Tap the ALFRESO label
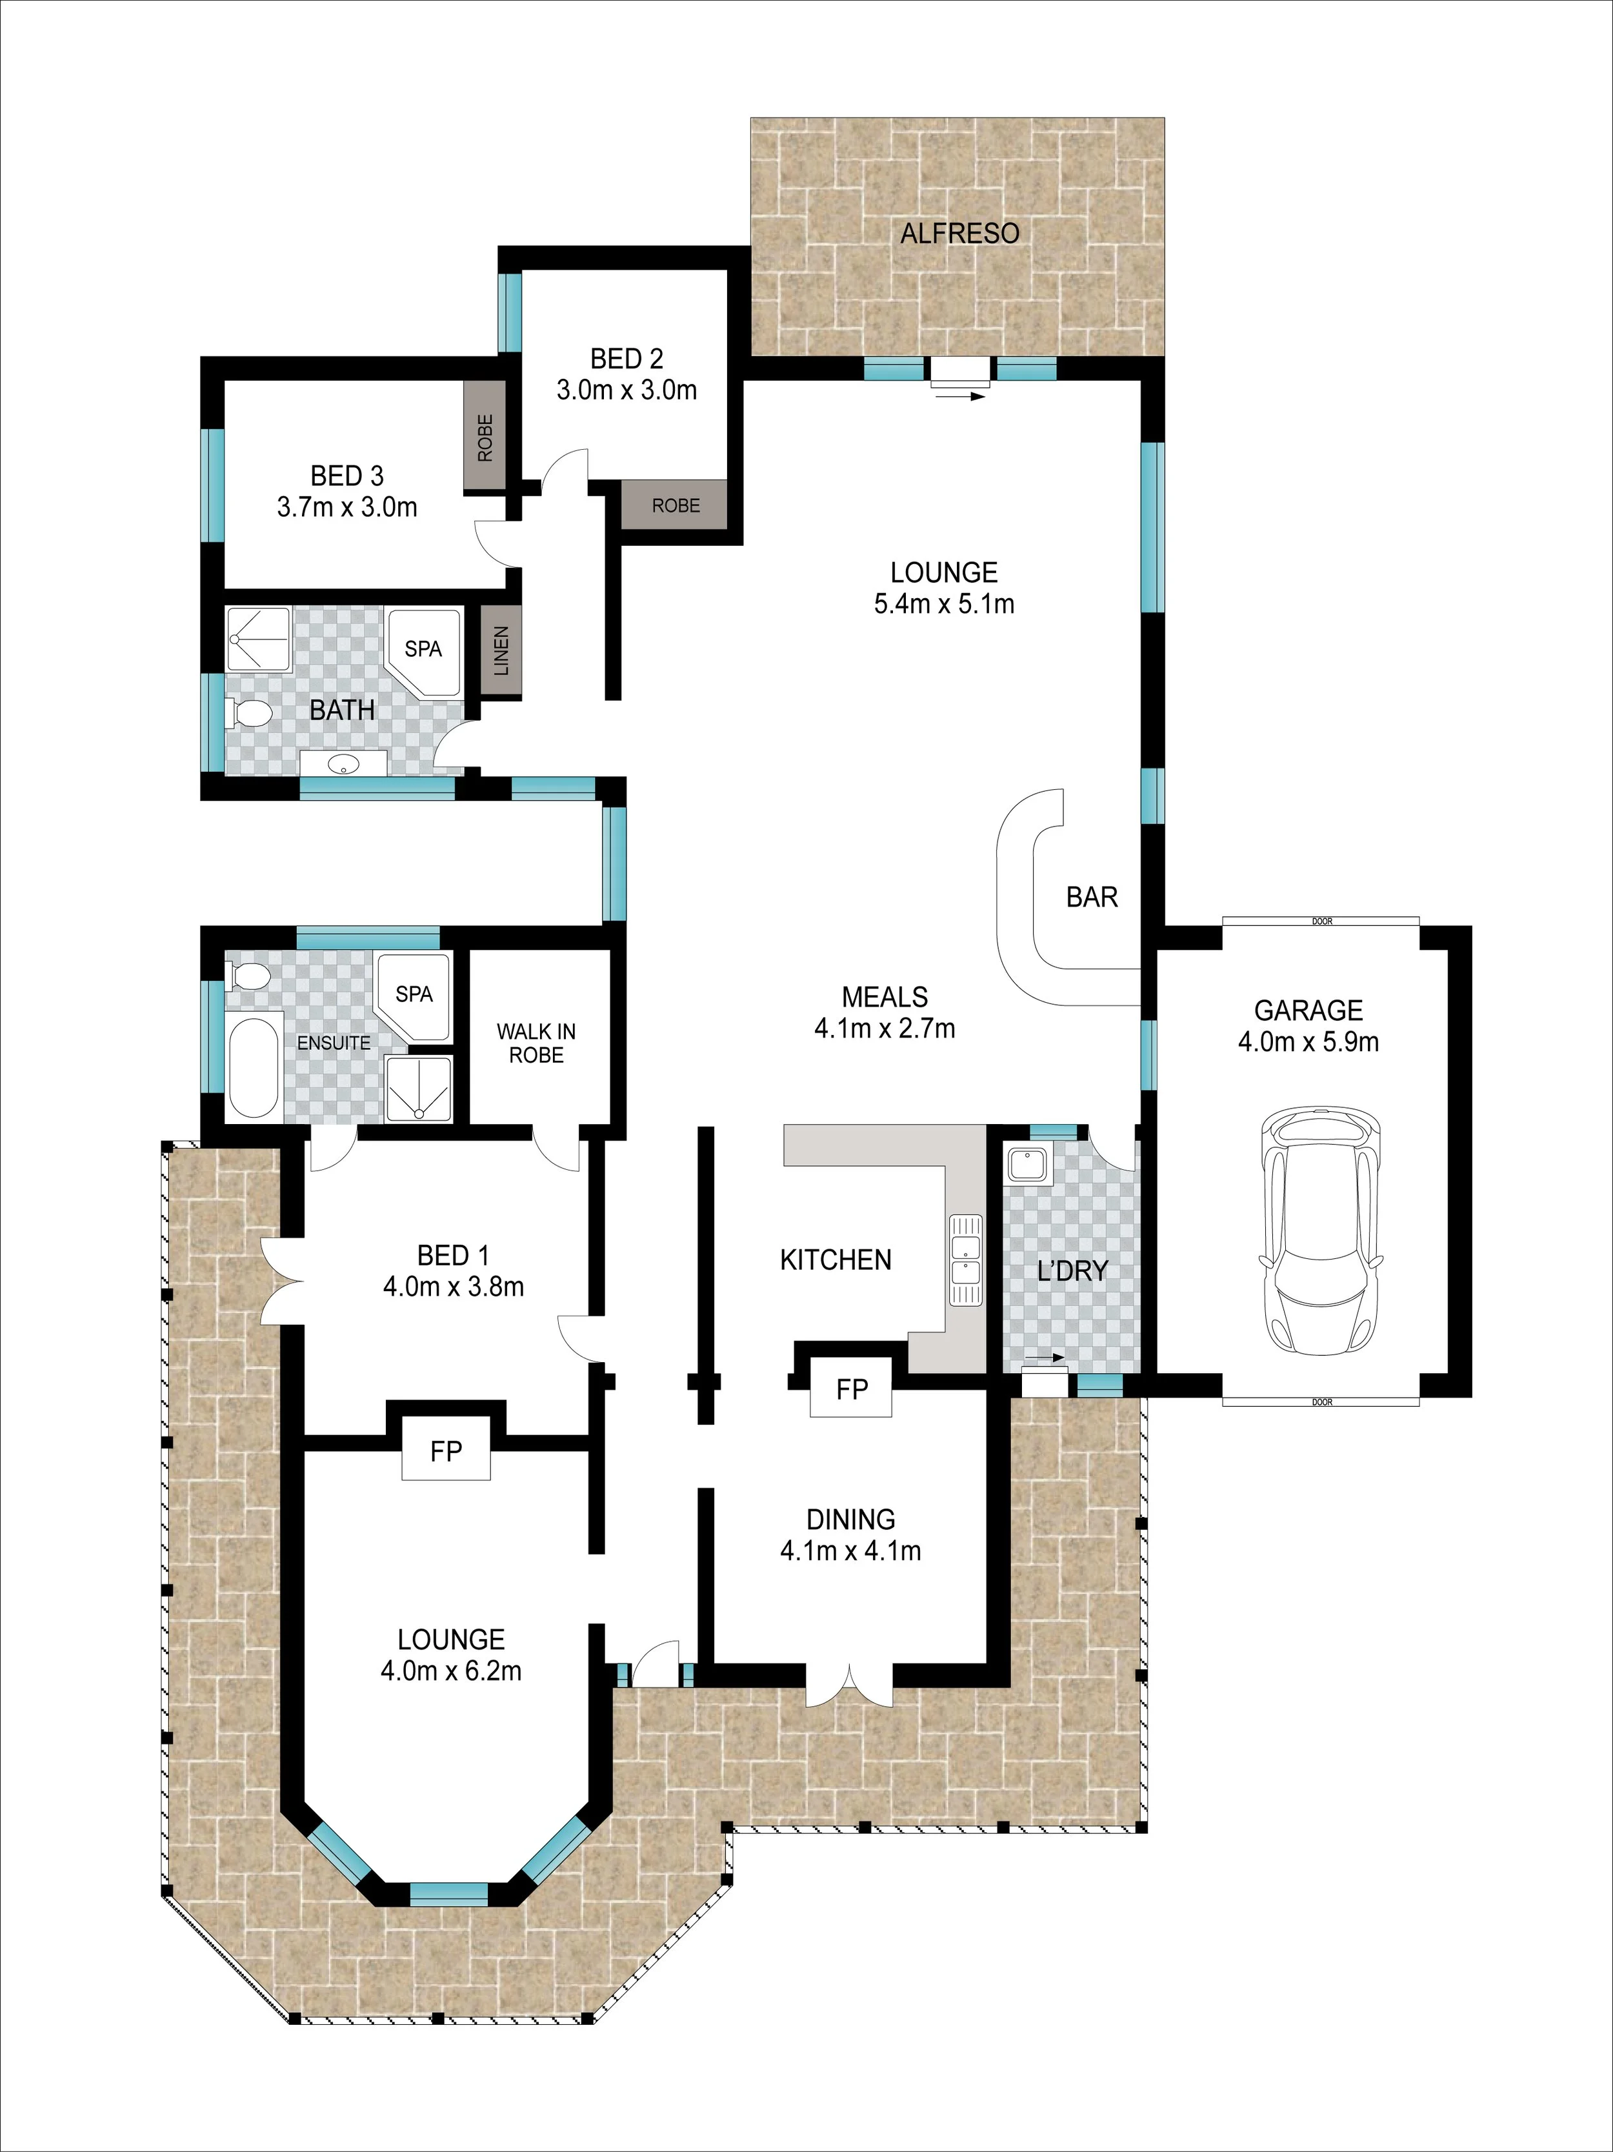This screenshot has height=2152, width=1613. coord(959,234)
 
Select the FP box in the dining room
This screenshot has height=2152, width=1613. coord(852,1389)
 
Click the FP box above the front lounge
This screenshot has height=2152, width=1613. coord(446,1453)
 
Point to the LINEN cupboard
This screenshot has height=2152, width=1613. coord(502,651)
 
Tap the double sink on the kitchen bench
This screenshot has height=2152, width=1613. coord(965,1260)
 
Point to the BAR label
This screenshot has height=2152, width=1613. coord(1092,897)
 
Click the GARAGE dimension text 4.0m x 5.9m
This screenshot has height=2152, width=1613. coord(1308,1042)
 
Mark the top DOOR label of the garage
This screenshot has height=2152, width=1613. coord(1321,921)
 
